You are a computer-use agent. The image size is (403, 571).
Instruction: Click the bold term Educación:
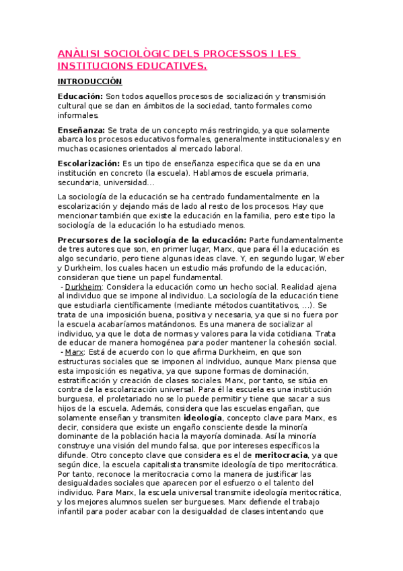click(x=81, y=97)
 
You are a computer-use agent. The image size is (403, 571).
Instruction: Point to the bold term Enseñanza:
click(x=81, y=129)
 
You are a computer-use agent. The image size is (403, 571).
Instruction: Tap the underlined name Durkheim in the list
click(x=83, y=286)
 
